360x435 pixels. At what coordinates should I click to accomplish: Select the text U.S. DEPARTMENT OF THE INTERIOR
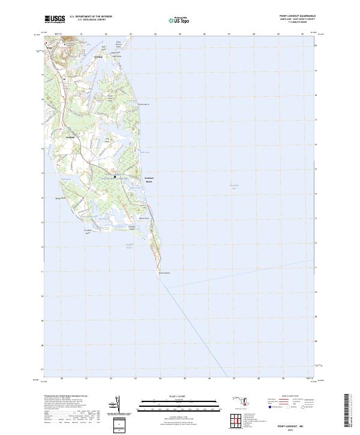[91, 17]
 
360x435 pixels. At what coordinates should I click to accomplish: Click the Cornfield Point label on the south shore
[88, 231]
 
